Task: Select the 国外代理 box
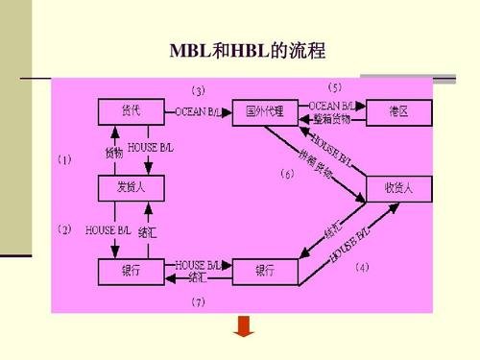[265, 111]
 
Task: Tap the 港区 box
[397, 111]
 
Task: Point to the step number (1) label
[64, 161]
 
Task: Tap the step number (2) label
[64, 229]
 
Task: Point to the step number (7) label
[198, 301]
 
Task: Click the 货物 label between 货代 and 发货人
[114, 153]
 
